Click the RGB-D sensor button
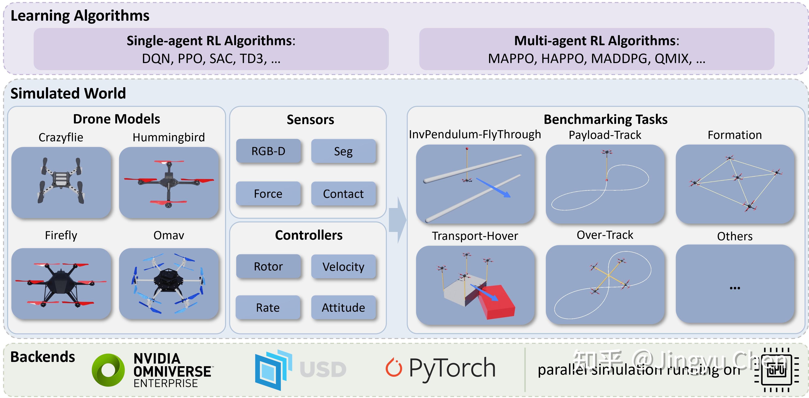point(268,151)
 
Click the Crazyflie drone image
point(61,182)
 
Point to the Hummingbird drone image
point(169,182)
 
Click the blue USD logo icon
point(273,370)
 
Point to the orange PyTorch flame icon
point(394,368)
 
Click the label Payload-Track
point(605,135)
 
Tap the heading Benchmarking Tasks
point(605,119)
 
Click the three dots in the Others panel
point(735,288)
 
